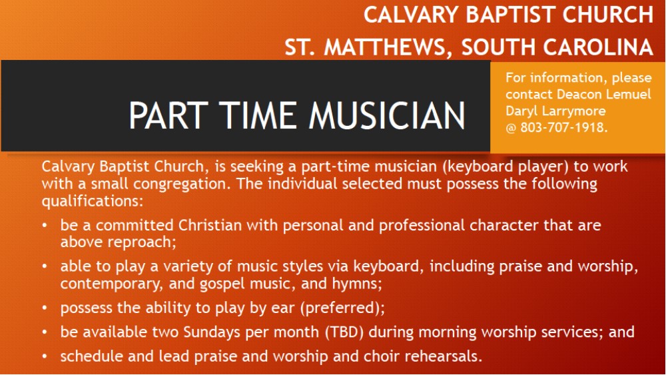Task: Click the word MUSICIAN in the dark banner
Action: [x=387, y=115]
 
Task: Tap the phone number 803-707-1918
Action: [x=563, y=127]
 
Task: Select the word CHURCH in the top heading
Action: [x=608, y=15]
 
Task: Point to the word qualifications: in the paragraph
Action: [x=93, y=201]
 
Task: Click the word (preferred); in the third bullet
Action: [x=342, y=308]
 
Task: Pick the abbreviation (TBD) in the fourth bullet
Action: [x=344, y=332]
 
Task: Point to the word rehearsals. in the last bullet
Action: [x=443, y=356]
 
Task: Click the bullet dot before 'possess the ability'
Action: [x=45, y=308]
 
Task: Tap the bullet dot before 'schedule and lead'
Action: [x=45, y=356]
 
